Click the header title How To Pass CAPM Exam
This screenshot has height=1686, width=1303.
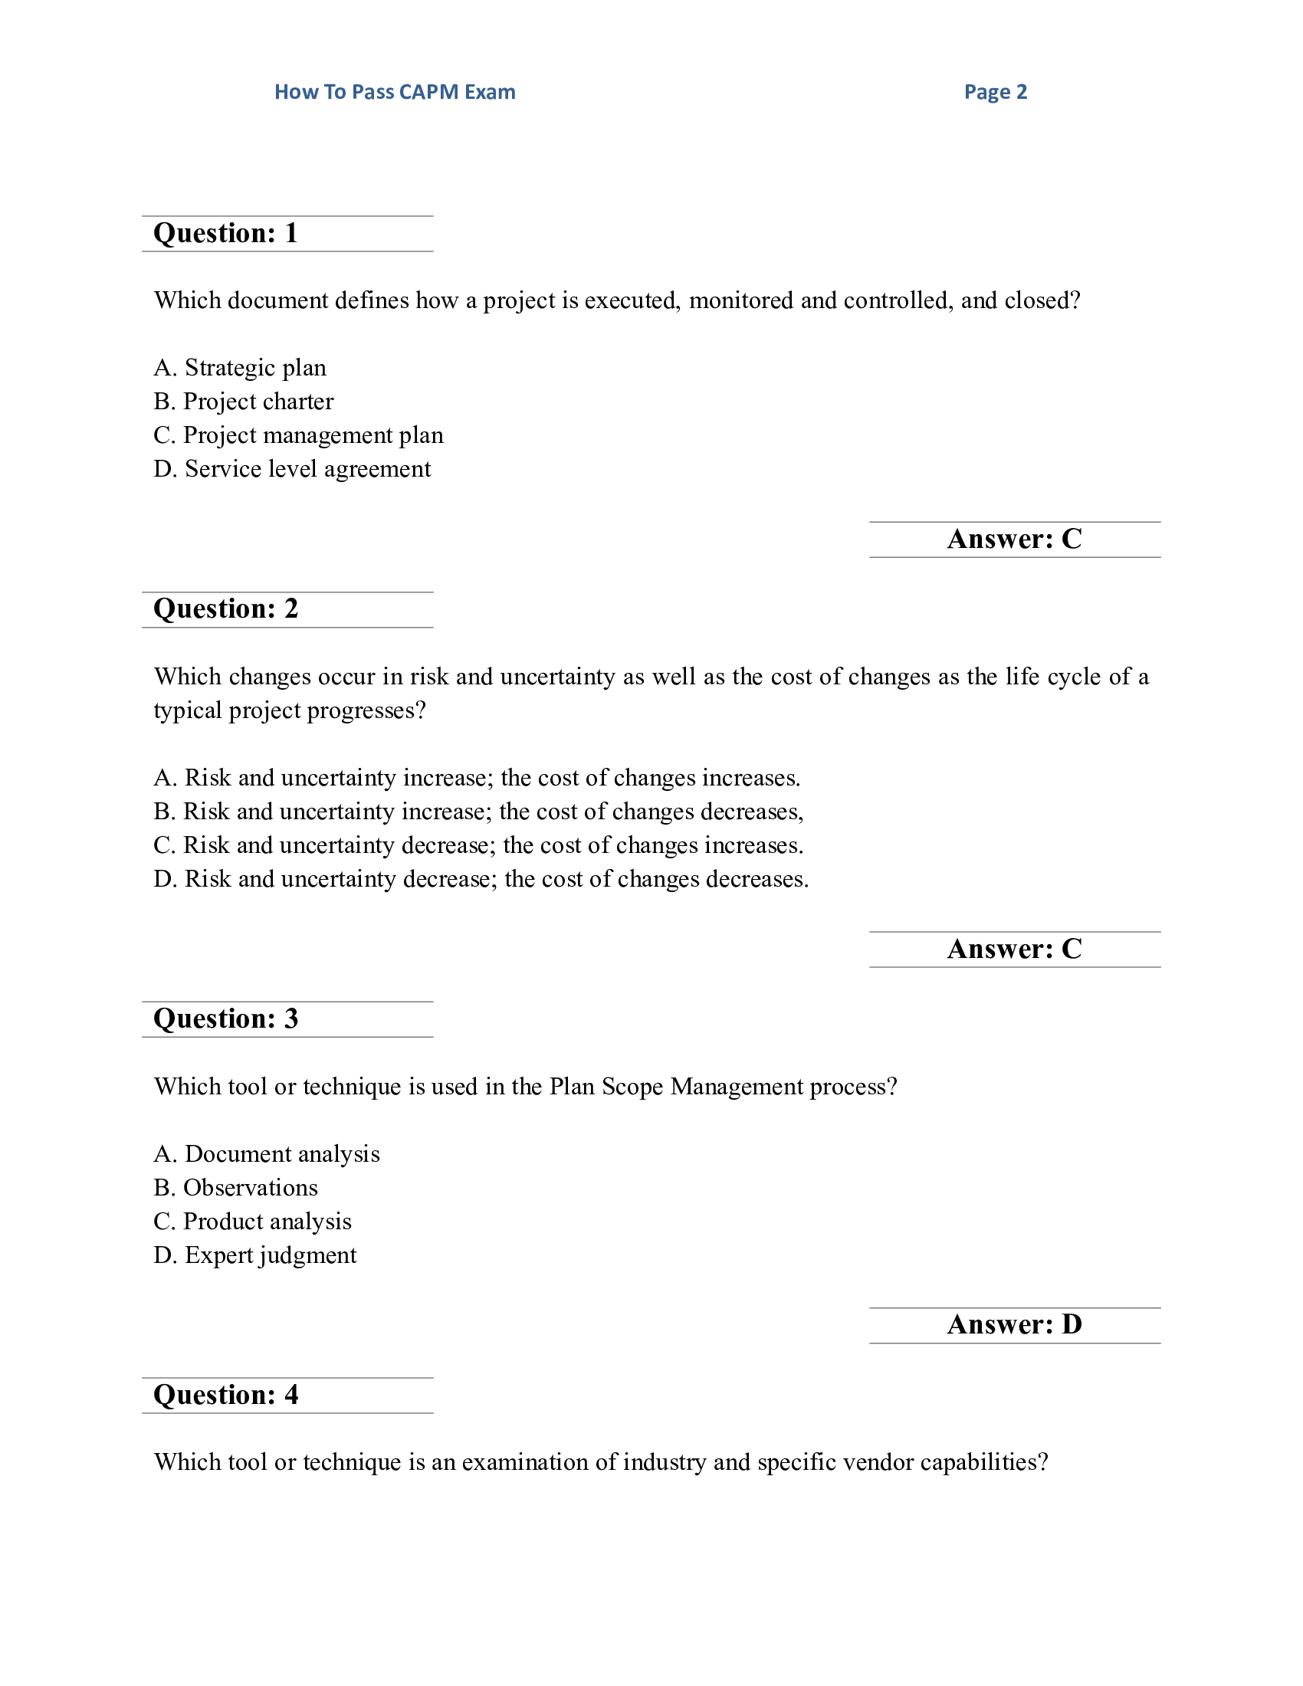[x=395, y=92]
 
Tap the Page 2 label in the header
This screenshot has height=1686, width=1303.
[x=995, y=92]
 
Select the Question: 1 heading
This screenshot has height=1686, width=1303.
[x=225, y=233]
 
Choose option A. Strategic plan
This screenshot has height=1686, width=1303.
[x=240, y=367]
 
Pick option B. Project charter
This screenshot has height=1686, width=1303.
[x=244, y=402]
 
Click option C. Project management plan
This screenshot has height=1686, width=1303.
[x=299, y=435]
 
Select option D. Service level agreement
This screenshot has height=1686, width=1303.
[x=293, y=469]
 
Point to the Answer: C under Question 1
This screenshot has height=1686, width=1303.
[x=1014, y=539]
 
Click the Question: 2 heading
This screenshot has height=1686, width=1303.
[x=225, y=609]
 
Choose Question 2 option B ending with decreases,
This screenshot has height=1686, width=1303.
[x=478, y=812]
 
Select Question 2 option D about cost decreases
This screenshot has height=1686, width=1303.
[x=481, y=879]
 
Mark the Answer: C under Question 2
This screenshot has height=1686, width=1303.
[x=1014, y=949]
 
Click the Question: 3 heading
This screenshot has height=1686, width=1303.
[x=225, y=1019]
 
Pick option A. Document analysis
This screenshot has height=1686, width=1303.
[x=267, y=1154]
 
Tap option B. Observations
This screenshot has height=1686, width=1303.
[x=236, y=1188]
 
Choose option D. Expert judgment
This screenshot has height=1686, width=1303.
[x=255, y=1255]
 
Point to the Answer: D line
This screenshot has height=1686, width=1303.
[x=1014, y=1325]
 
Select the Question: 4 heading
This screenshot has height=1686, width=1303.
[x=225, y=1395]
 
